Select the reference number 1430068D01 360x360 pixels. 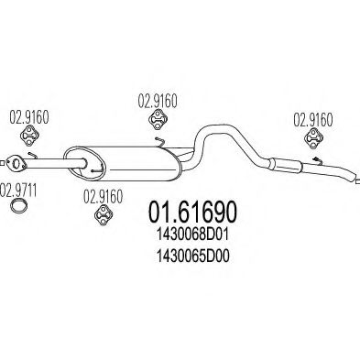click(x=195, y=237)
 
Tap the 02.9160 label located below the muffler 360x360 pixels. click(x=103, y=194)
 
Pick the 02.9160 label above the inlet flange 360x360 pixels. click(x=27, y=116)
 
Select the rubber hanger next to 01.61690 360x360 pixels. click(x=103, y=216)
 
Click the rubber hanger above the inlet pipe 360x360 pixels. click(x=28, y=136)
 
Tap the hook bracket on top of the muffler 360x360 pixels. click(x=158, y=143)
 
